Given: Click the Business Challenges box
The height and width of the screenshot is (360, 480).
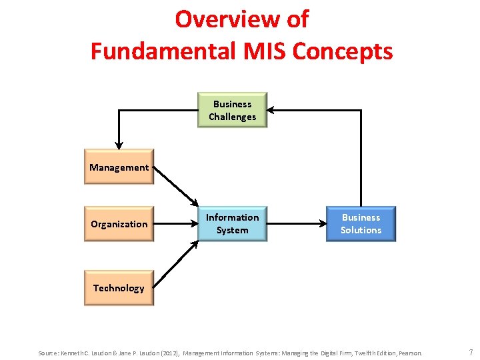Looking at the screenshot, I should pyautogui.click(x=233, y=110).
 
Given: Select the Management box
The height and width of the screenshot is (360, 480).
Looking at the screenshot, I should pyautogui.click(x=119, y=167).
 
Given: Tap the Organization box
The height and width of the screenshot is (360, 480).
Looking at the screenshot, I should pyautogui.click(x=119, y=224).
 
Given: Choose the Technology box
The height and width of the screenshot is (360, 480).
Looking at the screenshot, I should pyautogui.click(x=119, y=288).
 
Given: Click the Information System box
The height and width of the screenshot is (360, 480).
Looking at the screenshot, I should pyautogui.click(x=232, y=224).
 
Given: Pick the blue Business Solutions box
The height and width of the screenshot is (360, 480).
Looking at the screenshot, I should pyautogui.click(x=361, y=224).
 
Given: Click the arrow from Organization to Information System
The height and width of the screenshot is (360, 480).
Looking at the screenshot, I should pyautogui.click(x=176, y=224).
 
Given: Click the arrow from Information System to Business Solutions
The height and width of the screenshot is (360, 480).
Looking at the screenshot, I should pyautogui.click(x=296, y=224).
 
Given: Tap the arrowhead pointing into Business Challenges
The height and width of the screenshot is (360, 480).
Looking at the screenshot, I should pyautogui.click(x=272, y=110).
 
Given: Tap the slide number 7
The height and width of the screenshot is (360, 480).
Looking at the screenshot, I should pyautogui.click(x=471, y=352).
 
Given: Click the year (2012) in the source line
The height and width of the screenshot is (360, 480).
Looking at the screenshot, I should pyautogui.click(x=169, y=353).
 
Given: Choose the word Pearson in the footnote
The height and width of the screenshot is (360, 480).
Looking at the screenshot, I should pyautogui.click(x=410, y=353).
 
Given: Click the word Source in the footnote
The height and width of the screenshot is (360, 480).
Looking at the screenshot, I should pyautogui.click(x=47, y=353).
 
